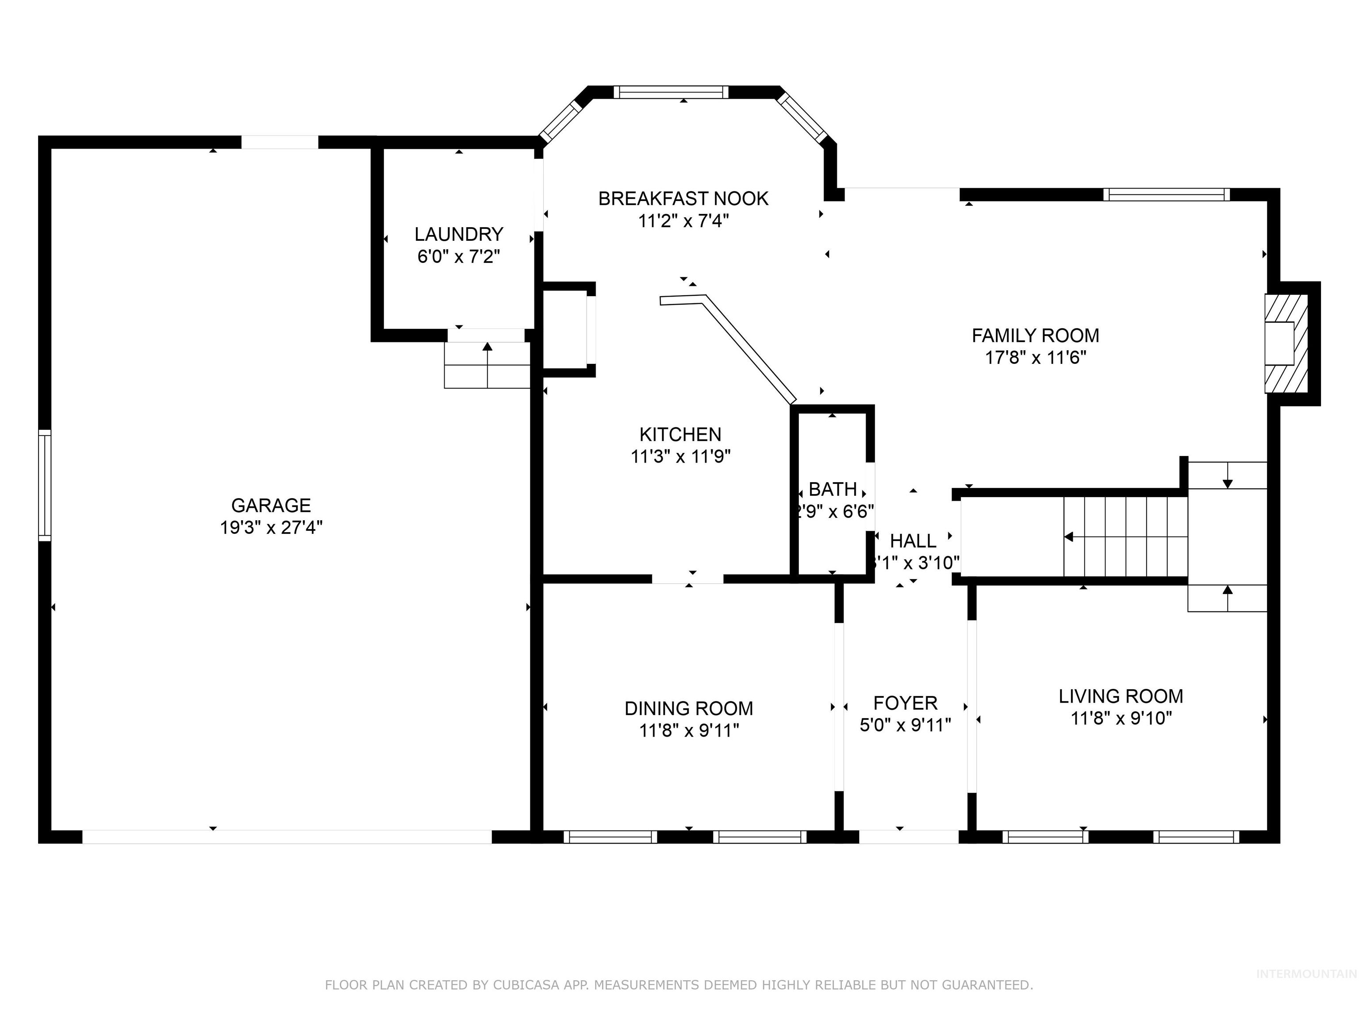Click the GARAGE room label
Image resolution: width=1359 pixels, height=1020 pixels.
[271, 506]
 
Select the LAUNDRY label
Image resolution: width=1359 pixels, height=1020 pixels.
[458, 234]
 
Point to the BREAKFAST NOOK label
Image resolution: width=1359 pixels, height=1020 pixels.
[683, 199]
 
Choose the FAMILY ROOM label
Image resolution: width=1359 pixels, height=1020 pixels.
[1035, 336]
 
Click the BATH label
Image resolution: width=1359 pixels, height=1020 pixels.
[833, 489]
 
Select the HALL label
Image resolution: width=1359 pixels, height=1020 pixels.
[913, 541]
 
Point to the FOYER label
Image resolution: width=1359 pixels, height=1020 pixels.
[905, 703]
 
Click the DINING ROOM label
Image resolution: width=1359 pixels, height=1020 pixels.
[689, 708]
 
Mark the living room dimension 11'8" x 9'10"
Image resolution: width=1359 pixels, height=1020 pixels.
[1121, 718]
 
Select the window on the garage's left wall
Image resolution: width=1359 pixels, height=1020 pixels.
[44, 485]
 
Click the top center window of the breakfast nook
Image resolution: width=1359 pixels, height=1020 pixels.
[671, 92]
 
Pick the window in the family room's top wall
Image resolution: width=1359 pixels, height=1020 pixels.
[1166, 195]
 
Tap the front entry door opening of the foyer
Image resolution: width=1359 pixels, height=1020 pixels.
[908, 836]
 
